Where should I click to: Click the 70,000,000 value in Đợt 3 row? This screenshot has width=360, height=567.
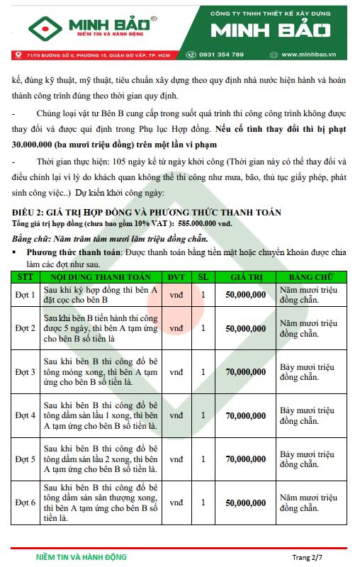click(246, 371)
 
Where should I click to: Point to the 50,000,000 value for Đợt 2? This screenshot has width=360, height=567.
click(246, 328)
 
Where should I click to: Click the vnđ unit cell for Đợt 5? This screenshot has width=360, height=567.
click(176, 459)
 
